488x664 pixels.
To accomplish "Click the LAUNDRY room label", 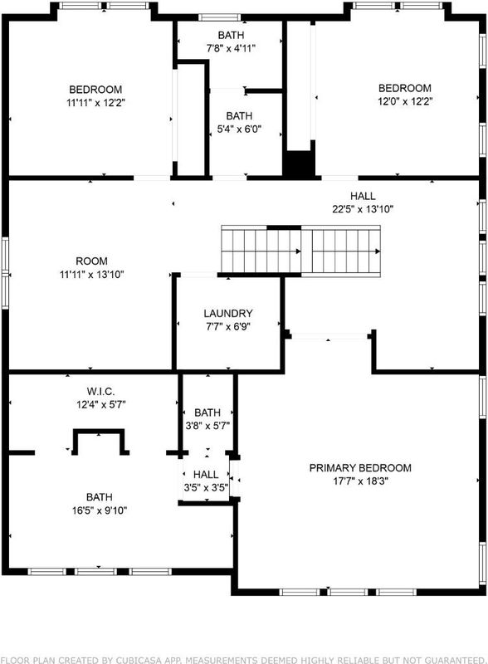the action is [228, 314].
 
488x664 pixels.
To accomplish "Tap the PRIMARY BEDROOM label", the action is [360, 468].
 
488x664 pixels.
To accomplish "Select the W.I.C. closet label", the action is [100, 391].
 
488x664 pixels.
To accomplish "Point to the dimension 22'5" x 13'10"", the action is [363, 209].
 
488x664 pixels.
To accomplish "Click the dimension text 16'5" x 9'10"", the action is [100, 510].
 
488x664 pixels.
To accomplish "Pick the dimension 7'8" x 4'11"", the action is [231, 49].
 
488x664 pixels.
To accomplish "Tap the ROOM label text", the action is [91, 261].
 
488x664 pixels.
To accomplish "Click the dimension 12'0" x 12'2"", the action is [405, 101].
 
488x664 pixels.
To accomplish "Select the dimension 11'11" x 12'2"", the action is [95, 103].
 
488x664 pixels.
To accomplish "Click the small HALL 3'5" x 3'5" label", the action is [206, 481].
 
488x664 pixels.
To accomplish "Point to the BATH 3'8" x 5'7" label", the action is [207, 419].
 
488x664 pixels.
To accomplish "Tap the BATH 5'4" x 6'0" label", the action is [239, 122].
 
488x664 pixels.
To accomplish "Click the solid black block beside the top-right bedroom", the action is [299, 164].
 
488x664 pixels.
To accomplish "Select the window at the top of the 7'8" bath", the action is [220, 17].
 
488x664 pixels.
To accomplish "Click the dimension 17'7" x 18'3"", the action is [360, 481].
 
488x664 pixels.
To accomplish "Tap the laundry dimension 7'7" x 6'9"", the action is [228, 327].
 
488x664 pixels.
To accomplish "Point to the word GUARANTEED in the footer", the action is [451, 660].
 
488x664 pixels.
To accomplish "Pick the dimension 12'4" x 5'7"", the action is [100, 405].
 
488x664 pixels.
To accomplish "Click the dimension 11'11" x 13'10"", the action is [91, 275].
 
